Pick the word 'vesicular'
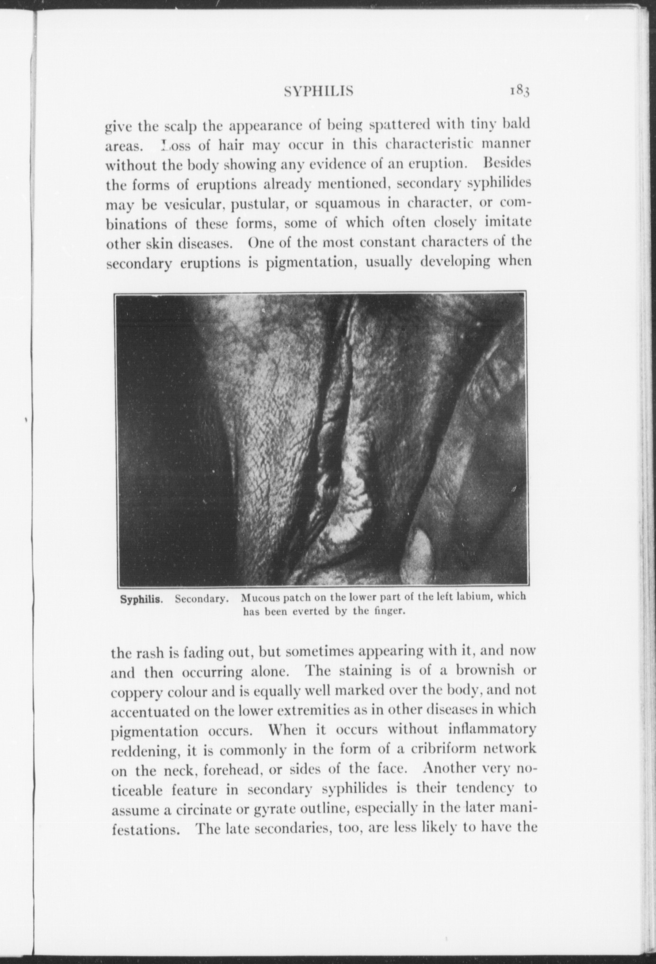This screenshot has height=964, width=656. coord(200,204)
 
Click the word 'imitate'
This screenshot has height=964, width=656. coord(507,222)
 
